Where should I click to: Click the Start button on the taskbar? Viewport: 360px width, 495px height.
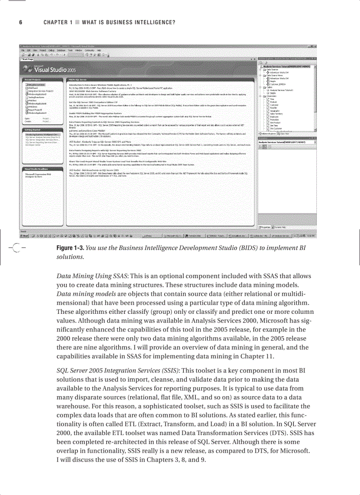coord(26,236)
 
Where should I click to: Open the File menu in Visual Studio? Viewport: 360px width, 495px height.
coord(22,50)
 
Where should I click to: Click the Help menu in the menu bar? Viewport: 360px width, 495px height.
coord(99,50)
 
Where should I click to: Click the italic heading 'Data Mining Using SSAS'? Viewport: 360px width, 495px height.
coord(92,276)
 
